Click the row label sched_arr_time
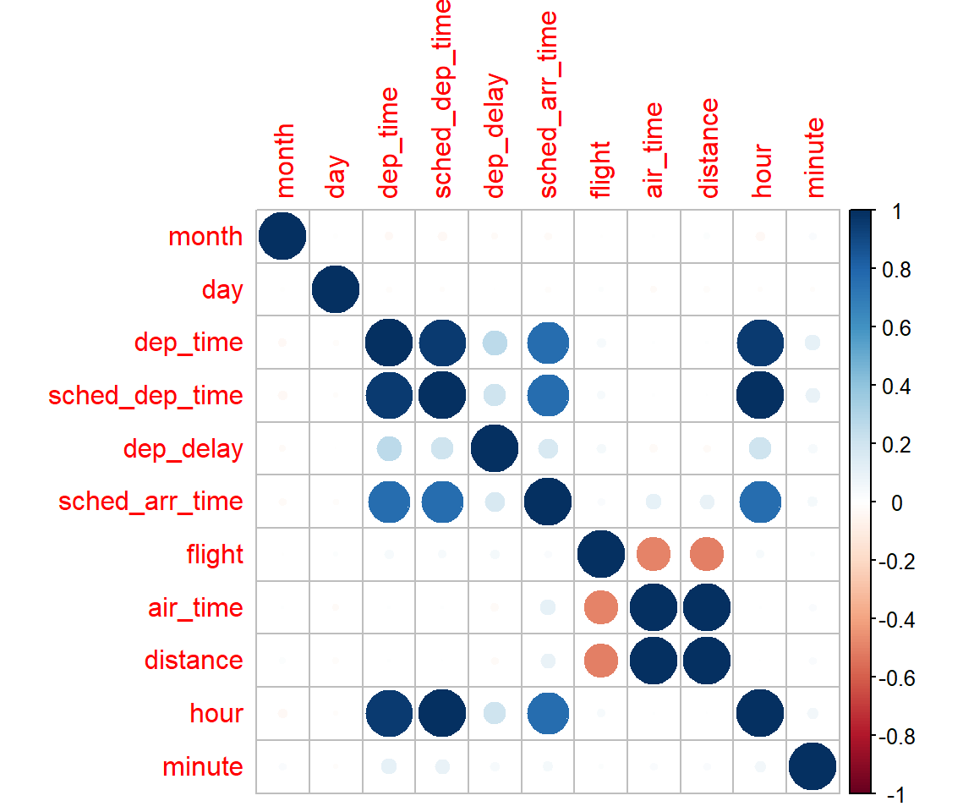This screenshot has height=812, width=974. coord(150,502)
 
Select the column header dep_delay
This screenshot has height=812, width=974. coord(495,135)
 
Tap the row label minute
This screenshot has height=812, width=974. coord(204,767)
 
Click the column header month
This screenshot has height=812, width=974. coord(282,160)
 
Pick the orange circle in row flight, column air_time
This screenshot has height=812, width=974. coord(653,555)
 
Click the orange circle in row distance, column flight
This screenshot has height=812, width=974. coord(600,661)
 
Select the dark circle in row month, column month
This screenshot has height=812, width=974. coord(282,237)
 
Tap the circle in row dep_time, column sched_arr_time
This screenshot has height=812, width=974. coord(547,343)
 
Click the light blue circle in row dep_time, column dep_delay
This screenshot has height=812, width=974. coord(495,343)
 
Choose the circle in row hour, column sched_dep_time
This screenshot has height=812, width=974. coord(441,714)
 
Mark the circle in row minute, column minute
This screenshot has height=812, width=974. coord(813,767)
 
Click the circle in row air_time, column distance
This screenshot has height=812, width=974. coord(706,607)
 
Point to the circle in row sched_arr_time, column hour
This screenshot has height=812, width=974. coord(759,502)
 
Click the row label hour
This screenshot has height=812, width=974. coord(216,714)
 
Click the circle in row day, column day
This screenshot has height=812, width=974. coord(336,289)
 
